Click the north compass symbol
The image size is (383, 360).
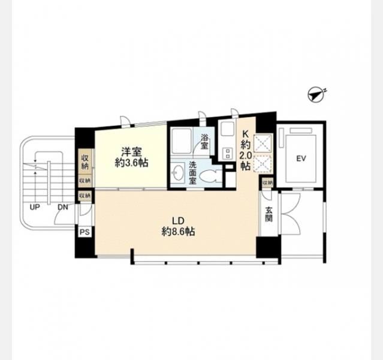click(x=317, y=94)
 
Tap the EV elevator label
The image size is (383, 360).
click(x=301, y=159)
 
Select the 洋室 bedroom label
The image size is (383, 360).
click(x=132, y=152)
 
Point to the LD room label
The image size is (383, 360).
click(x=178, y=221)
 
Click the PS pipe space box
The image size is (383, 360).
click(x=85, y=232)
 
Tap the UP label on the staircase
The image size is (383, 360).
click(x=35, y=208)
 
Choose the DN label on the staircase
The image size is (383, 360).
click(x=63, y=208)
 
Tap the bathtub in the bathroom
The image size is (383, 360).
click(x=181, y=141)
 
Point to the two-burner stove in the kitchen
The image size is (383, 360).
click(x=227, y=154)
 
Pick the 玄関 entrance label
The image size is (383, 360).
click(x=269, y=214)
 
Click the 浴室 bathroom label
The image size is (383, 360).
click(x=204, y=142)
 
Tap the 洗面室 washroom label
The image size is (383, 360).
click(x=192, y=173)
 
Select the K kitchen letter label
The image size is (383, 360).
click(x=245, y=134)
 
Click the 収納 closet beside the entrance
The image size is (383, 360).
click(x=268, y=182)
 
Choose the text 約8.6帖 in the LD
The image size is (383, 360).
click(x=178, y=232)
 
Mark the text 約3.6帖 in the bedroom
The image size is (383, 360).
click(x=132, y=163)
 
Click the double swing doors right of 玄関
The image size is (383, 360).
click(x=291, y=214)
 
